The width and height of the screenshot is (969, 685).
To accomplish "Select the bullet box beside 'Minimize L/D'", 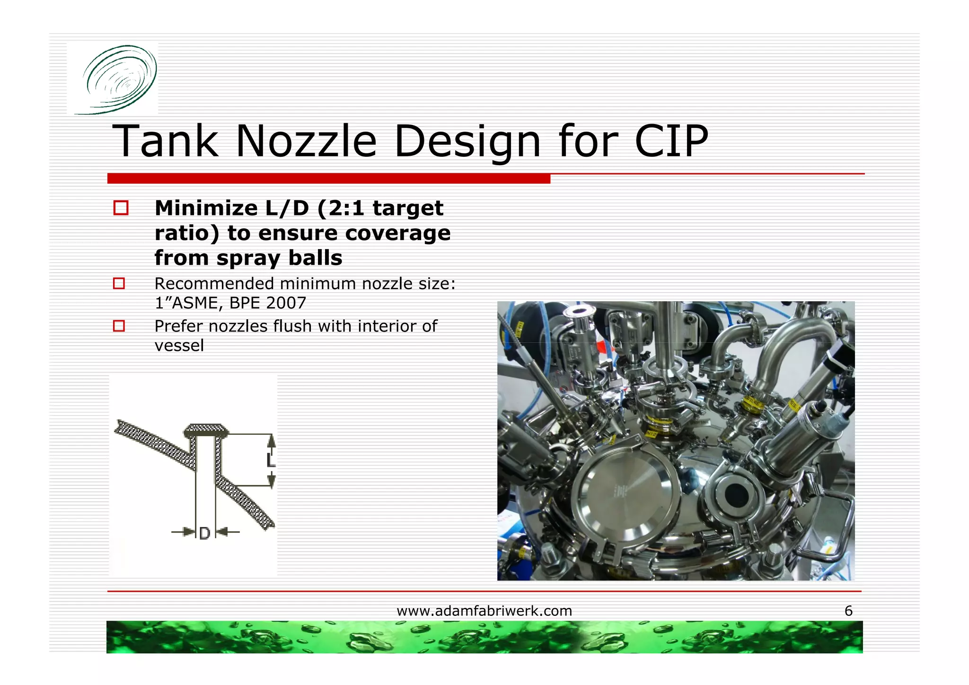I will pyautogui.click(x=121, y=208).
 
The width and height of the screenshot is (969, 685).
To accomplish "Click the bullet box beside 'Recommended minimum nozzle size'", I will pyautogui.click(x=119, y=283).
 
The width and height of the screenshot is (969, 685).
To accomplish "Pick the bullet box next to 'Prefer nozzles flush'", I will pyautogui.click(x=119, y=326).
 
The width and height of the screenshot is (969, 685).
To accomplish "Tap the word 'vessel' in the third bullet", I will pyautogui.click(x=179, y=346).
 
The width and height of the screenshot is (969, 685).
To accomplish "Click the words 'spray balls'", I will pyautogui.click(x=279, y=258).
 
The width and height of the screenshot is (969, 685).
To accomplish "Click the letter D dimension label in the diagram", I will pyautogui.click(x=204, y=534).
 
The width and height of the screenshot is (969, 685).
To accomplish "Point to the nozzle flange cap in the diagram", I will pyautogui.click(x=206, y=430).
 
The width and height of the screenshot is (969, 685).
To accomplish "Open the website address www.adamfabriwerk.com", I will pyautogui.click(x=484, y=611).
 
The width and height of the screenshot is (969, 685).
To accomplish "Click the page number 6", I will pyautogui.click(x=848, y=611).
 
